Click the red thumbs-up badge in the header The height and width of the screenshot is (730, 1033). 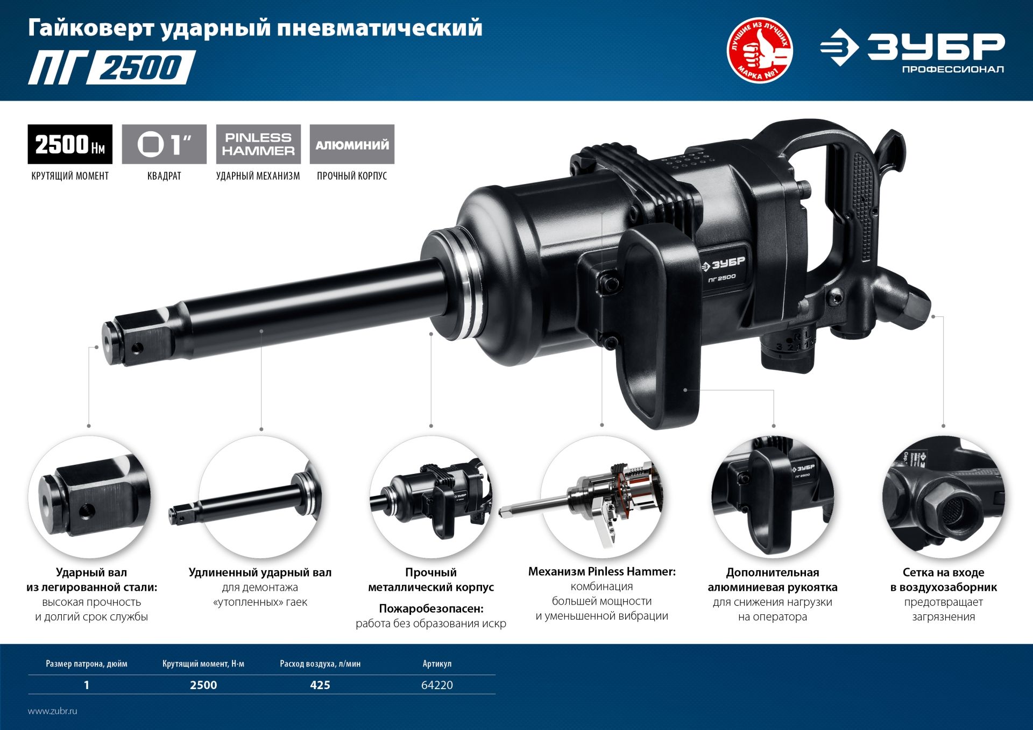pyautogui.click(x=759, y=51)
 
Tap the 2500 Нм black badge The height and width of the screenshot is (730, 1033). pyautogui.click(x=70, y=144)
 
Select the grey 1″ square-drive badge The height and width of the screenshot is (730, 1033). pyautogui.click(x=164, y=144)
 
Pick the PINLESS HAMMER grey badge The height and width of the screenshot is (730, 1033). pyautogui.click(x=258, y=144)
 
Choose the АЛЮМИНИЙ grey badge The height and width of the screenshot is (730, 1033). pyautogui.click(x=352, y=144)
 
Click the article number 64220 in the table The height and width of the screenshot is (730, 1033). pyautogui.click(x=437, y=685)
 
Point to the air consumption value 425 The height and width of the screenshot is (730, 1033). pyautogui.click(x=320, y=685)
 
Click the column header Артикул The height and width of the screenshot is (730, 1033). pyautogui.click(x=437, y=664)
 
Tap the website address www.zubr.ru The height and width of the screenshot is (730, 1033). pyautogui.click(x=53, y=711)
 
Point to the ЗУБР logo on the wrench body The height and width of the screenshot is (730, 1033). pyautogui.click(x=724, y=264)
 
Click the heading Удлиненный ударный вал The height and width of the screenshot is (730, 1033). pyautogui.click(x=260, y=572)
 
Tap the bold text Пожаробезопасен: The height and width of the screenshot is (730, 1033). pyautogui.click(x=431, y=608)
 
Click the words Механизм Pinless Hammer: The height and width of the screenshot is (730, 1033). pyautogui.click(x=602, y=571)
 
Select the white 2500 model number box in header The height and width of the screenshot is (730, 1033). pyautogui.click(x=141, y=68)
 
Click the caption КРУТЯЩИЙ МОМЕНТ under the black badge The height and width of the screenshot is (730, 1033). pyautogui.click(x=70, y=176)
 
